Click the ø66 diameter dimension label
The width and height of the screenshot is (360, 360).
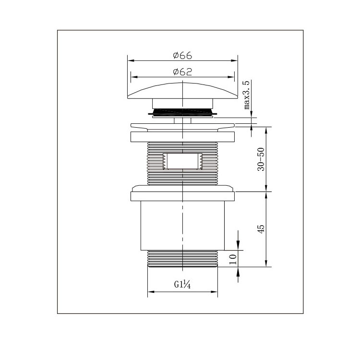[x=182, y=56]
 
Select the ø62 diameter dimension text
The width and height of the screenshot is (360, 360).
[x=182, y=72]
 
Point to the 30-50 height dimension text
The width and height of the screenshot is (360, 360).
[x=261, y=159]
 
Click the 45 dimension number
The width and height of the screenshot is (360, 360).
[x=261, y=229]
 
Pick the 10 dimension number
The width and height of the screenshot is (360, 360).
[x=233, y=259]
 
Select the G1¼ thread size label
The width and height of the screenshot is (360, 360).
[x=182, y=285]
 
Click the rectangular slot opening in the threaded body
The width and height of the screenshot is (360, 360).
[x=182, y=161]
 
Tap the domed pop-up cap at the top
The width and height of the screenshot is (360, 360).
[x=182, y=91]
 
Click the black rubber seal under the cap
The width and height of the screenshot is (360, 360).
[x=182, y=112]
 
